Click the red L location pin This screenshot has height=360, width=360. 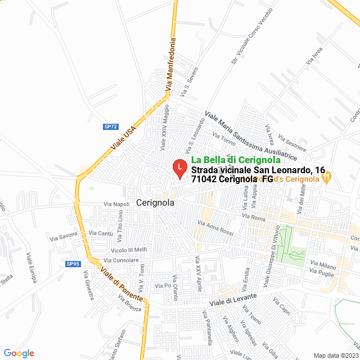[x=179, y=168]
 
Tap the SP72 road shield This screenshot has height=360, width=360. [x=110, y=127]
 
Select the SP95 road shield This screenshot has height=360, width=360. [x=73, y=264]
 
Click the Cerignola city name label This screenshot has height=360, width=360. [x=155, y=203]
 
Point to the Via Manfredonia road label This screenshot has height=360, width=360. [x=171, y=65]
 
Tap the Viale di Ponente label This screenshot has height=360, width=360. [x=121, y=285]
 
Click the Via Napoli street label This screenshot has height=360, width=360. [x=116, y=204]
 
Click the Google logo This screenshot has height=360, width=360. [x=19, y=353]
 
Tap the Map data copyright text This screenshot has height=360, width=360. [x=335, y=355]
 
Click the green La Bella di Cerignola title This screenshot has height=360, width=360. [x=236, y=160]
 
